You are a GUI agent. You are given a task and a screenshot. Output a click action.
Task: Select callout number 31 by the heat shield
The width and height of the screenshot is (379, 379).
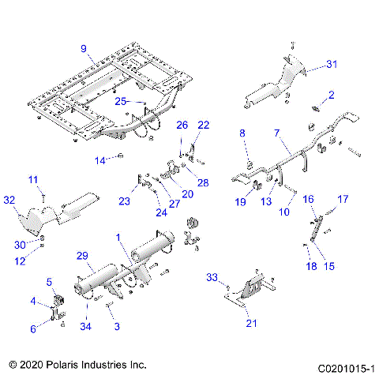click(x=332, y=64)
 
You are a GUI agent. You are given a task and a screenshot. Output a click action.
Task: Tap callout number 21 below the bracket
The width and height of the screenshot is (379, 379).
click(x=252, y=322)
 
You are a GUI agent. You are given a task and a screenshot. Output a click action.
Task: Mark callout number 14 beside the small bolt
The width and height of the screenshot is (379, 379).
click(x=100, y=160)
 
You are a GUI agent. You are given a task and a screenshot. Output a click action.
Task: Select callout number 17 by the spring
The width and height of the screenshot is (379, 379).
click(x=343, y=199)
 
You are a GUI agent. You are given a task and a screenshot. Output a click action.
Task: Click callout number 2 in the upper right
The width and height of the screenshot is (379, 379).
click(x=332, y=95)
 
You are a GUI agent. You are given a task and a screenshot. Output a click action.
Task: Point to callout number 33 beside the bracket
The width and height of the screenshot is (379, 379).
click(x=212, y=277)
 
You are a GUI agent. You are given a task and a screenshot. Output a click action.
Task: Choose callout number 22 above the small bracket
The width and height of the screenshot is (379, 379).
click(x=204, y=125)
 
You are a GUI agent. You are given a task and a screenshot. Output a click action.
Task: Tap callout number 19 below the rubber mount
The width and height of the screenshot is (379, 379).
click(x=241, y=202)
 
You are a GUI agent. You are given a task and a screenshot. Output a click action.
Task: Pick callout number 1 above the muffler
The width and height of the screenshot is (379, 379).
click(x=118, y=237)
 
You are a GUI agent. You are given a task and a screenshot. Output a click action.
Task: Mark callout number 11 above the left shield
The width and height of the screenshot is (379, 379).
click(x=33, y=180)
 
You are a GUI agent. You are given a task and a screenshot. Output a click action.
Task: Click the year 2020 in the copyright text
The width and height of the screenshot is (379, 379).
click(x=36, y=366)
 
